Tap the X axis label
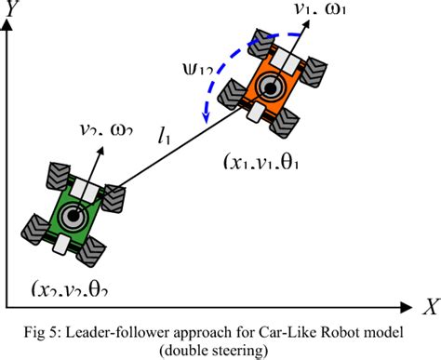429,303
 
